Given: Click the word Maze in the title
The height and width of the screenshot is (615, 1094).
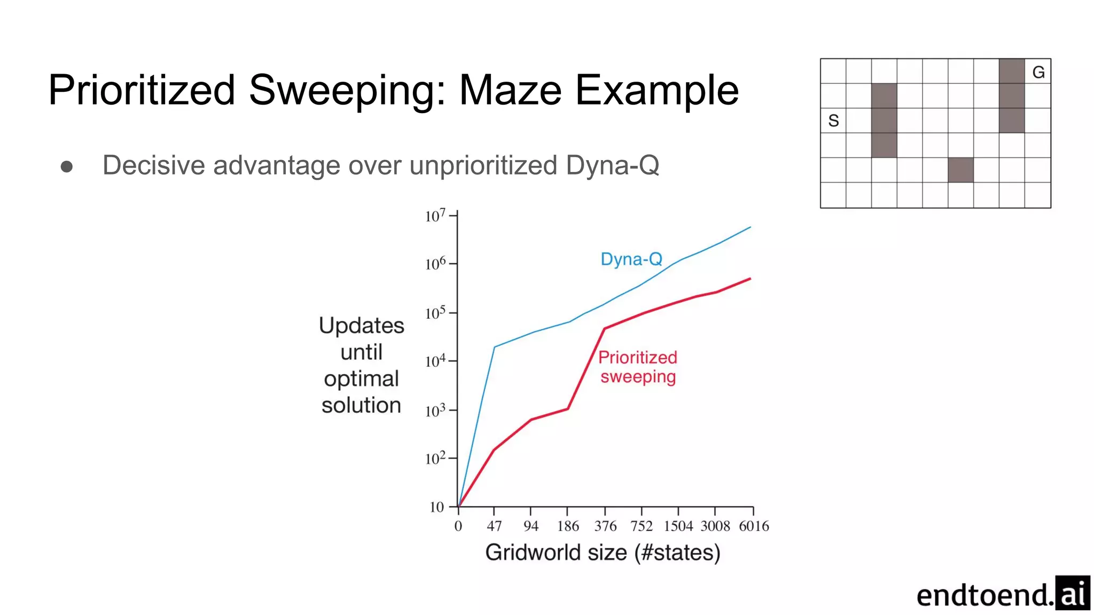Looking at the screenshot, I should [x=510, y=90].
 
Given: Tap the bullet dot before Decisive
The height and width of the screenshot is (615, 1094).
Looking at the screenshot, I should [x=67, y=167].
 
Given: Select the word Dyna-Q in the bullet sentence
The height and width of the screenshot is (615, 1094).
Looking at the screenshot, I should [x=612, y=165].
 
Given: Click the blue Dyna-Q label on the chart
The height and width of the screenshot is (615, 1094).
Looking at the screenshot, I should [x=631, y=259].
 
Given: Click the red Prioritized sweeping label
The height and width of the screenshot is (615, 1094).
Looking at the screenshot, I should [x=638, y=367].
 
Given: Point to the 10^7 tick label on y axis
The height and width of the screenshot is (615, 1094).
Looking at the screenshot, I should [x=435, y=216].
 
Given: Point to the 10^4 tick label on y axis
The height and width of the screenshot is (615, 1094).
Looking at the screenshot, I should [x=435, y=361].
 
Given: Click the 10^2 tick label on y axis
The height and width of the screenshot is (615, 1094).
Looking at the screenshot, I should [x=435, y=459].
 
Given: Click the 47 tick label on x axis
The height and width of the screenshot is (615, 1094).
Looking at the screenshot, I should [x=494, y=526].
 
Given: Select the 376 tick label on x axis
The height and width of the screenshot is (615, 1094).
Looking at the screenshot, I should [x=605, y=526].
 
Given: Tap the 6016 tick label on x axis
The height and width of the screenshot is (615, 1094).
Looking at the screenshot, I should [x=754, y=526].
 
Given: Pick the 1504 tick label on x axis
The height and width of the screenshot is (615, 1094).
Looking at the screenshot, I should [x=678, y=526].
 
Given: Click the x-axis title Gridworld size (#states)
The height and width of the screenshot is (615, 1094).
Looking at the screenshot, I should [x=603, y=553].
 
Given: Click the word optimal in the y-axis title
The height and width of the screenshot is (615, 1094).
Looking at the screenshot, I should [x=361, y=379].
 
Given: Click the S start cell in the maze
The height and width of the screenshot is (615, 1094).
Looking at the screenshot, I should [x=833, y=121].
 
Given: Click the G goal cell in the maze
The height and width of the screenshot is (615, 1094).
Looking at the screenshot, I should [x=1038, y=72].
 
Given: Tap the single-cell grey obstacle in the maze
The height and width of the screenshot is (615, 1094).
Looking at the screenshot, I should [x=960, y=170].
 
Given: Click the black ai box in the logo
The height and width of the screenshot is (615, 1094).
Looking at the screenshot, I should [x=1072, y=593].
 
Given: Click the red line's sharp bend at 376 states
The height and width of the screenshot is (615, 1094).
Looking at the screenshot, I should [x=604, y=329].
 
